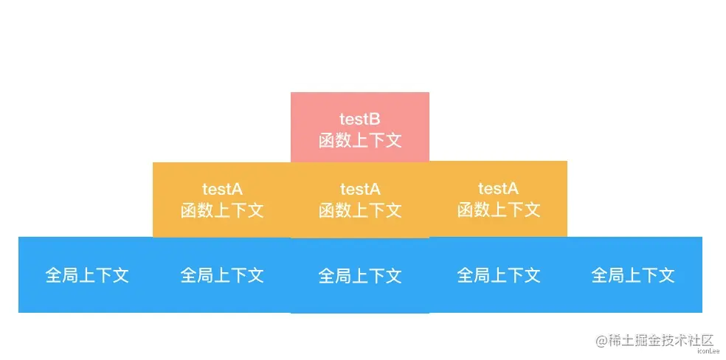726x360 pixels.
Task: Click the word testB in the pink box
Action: (x=359, y=119)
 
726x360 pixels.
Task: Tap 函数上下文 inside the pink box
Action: (x=359, y=140)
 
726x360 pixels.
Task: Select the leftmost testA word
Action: (x=222, y=189)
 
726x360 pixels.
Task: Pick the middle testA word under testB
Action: (x=359, y=189)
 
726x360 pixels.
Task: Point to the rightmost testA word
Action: (x=498, y=189)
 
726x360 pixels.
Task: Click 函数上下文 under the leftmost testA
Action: (x=222, y=210)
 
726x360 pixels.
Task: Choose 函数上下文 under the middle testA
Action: (x=359, y=210)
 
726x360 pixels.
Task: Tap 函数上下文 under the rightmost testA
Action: (x=498, y=210)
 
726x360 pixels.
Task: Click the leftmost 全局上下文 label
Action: (x=87, y=275)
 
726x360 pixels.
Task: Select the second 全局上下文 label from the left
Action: (x=222, y=275)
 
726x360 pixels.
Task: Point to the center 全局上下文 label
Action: (x=359, y=276)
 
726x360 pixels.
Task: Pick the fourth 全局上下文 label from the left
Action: (x=498, y=275)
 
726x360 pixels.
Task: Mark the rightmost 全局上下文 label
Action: (x=632, y=275)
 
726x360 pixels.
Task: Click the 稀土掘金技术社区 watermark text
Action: (x=661, y=340)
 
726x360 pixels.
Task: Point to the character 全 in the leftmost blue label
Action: (x=54, y=275)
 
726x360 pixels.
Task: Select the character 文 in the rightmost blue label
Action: (x=665, y=275)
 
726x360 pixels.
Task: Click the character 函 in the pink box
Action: (x=327, y=140)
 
